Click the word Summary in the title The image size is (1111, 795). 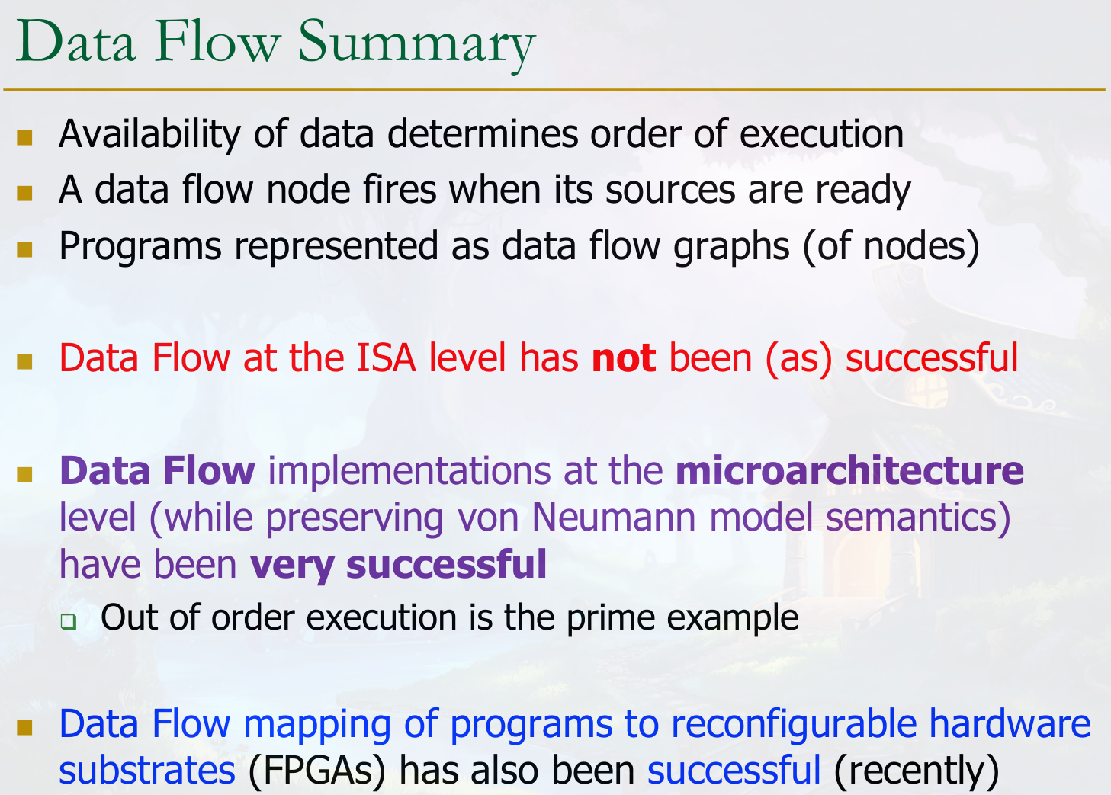[x=416, y=45]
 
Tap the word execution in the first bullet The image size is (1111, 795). [x=821, y=134]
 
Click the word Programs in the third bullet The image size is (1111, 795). [x=140, y=247]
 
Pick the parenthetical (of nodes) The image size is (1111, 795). [x=891, y=247]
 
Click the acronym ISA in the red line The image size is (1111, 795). [x=386, y=357]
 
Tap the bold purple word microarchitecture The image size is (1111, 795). [x=849, y=470]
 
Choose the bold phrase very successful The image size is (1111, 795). [x=398, y=565]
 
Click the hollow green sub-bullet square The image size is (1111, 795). [x=69, y=621]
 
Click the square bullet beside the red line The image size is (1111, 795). [x=24, y=361]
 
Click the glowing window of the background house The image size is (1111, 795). [x=926, y=390]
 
